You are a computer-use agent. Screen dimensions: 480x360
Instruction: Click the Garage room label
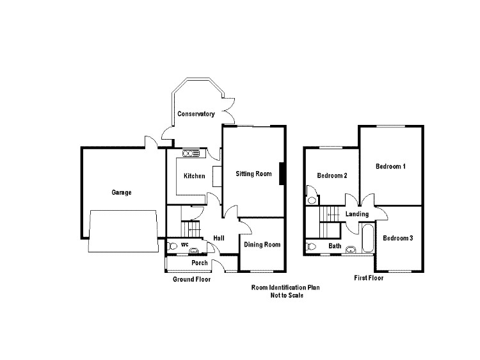click(122, 192)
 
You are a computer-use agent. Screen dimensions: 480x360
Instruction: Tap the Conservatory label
click(196, 114)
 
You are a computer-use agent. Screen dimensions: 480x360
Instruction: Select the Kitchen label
click(194, 176)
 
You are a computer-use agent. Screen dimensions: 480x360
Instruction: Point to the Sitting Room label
click(253, 174)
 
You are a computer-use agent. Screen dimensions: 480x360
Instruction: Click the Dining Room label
click(262, 245)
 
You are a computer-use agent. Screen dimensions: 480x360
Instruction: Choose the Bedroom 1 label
click(390, 167)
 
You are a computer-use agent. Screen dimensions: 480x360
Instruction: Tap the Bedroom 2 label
click(332, 176)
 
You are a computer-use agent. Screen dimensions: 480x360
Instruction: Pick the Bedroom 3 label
click(397, 238)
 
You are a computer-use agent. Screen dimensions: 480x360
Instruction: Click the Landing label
click(357, 214)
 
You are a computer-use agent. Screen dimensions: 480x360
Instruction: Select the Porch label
click(199, 263)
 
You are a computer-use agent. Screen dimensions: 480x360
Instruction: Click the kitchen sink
click(191, 153)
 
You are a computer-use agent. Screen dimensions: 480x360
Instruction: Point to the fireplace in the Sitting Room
click(282, 174)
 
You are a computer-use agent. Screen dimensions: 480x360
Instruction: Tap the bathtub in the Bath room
click(367, 238)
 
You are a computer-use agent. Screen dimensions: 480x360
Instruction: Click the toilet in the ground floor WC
click(172, 246)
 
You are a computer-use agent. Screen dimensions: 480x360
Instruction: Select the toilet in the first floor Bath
click(311, 247)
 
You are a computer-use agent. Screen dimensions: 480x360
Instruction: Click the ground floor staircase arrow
click(194, 229)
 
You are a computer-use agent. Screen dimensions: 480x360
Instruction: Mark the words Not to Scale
click(287, 295)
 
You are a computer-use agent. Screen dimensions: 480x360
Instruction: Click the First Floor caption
click(369, 278)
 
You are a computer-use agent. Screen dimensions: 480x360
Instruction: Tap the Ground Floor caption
click(191, 279)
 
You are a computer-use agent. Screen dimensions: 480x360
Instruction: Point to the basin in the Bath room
click(351, 250)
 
